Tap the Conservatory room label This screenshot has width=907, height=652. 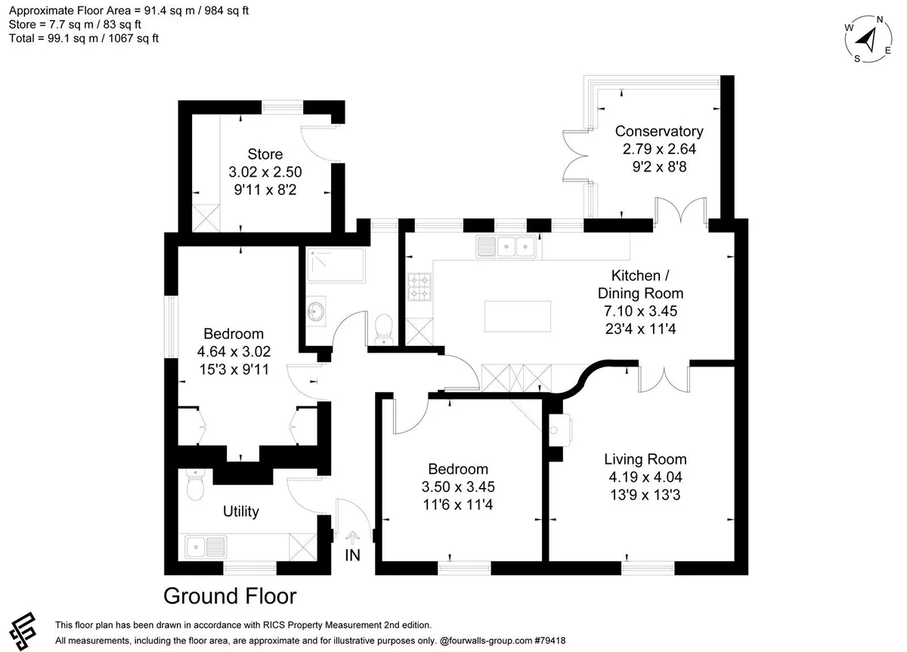click(x=659, y=131)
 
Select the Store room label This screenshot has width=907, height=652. click(x=265, y=154)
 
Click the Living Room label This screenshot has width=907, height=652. click(x=645, y=459)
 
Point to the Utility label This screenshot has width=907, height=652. click(x=240, y=511)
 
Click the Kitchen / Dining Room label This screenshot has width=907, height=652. click(x=641, y=284)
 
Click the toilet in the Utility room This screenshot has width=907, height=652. click(x=195, y=484)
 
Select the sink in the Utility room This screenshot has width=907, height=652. click(x=206, y=547)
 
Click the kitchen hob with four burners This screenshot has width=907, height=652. click(x=419, y=287)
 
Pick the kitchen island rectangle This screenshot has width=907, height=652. click(x=518, y=316)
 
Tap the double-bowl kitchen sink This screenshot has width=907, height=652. click(x=506, y=246)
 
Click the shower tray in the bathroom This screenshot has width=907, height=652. click(x=336, y=264)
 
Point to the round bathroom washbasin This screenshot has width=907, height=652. click(x=316, y=311)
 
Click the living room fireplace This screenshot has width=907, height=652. click(x=560, y=430)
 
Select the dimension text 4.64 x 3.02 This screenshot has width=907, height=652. click(x=234, y=352)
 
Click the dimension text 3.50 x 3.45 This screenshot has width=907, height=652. click(x=458, y=487)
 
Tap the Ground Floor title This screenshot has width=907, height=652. click(x=230, y=596)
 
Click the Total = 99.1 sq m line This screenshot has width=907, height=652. click(x=83, y=39)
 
